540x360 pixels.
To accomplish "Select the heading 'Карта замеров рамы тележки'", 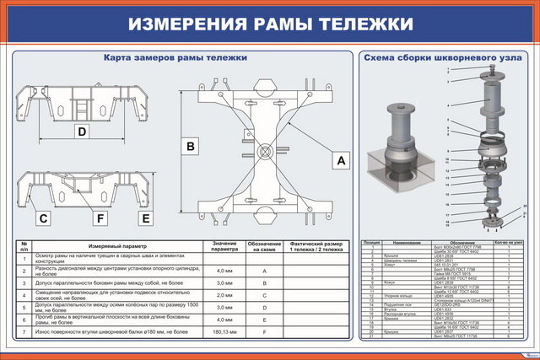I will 175,58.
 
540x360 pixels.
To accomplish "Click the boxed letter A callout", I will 341,159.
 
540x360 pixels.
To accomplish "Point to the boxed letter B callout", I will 192,147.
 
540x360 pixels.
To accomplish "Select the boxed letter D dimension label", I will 82,132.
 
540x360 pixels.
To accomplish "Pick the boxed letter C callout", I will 43,218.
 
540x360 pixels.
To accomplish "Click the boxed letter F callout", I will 100,218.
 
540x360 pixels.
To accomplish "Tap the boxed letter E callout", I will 146,218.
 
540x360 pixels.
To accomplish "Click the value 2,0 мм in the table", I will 224,295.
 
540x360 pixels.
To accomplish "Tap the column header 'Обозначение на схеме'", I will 264,248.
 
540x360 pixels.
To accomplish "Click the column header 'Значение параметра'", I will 224,248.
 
